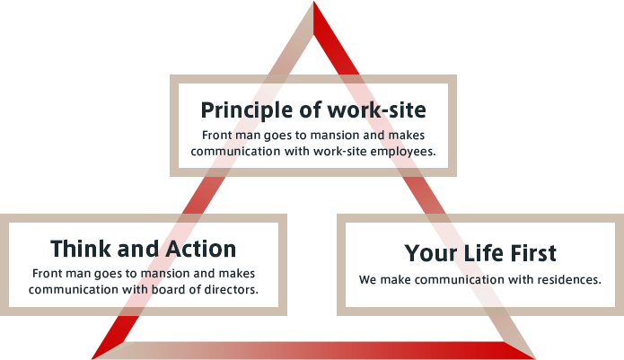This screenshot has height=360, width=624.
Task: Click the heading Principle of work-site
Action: click(313, 110)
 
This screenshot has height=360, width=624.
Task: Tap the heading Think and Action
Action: click(144, 249)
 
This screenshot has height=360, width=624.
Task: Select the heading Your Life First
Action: click(480, 253)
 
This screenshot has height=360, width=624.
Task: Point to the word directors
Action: click(232, 289)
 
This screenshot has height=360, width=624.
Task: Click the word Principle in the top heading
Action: click(248, 110)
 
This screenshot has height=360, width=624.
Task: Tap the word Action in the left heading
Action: click(201, 249)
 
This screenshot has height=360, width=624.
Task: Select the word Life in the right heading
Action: click(486, 253)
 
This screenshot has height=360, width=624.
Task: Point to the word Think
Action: click(82, 249)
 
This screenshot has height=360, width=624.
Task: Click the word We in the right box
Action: click(367, 279)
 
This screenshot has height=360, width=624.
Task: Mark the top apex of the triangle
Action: click(313, 2)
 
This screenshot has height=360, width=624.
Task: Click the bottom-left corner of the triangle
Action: click(92, 359)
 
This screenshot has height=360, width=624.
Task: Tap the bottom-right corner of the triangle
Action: click(535, 359)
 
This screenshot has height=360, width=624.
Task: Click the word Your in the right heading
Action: click(432, 253)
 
